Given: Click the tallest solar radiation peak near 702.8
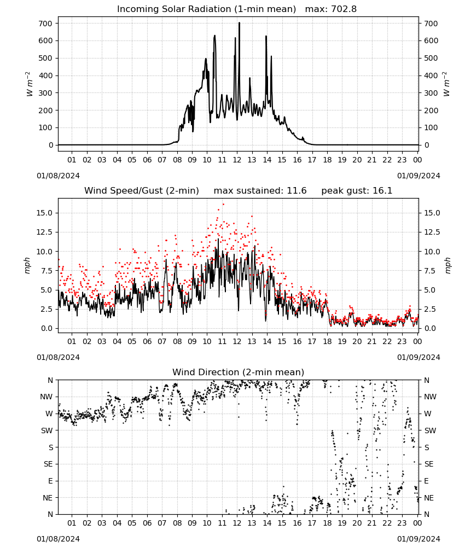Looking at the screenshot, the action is [239, 23].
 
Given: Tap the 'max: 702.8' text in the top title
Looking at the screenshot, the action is [331, 9].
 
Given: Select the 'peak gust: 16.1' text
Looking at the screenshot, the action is [357, 190].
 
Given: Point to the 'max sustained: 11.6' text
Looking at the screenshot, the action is [260, 190].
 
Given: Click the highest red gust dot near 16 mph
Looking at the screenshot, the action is [223, 205].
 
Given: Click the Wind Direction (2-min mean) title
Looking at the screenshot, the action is [239, 372].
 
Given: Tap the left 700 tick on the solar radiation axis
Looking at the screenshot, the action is [46, 24].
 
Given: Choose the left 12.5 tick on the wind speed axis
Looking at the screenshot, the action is [45, 232].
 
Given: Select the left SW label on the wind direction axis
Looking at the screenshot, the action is [47, 430].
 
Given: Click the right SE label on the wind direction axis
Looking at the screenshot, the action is [429, 464].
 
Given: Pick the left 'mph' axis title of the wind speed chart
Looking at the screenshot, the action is [27, 265].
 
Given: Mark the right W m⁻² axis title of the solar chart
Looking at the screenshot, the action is [446, 84].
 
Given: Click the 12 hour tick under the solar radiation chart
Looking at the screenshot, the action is [237, 160].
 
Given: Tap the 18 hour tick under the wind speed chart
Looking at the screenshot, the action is [327, 341].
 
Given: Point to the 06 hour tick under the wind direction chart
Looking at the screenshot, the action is [147, 523].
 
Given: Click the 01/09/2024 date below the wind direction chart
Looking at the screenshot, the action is [419, 539].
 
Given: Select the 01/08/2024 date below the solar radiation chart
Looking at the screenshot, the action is [58, 176].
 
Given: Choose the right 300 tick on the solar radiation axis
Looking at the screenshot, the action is [431, 93].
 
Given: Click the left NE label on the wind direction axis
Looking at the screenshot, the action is [48, 498].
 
